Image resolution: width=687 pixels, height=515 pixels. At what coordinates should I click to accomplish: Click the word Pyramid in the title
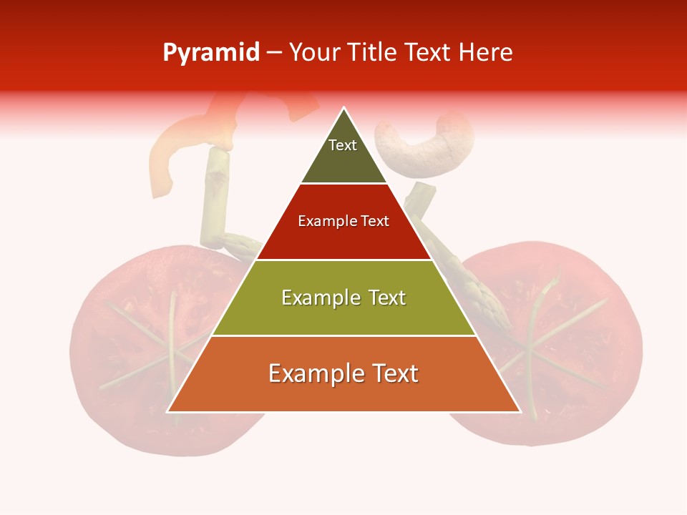211,53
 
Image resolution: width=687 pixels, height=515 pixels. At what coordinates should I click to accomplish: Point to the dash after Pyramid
273,53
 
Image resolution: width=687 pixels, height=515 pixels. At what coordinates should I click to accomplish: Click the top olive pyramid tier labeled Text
343,154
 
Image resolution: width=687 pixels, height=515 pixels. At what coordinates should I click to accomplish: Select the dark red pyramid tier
343,222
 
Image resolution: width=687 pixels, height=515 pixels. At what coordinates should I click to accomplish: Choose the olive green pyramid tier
343,298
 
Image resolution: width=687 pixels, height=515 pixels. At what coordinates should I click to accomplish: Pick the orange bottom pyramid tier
343,374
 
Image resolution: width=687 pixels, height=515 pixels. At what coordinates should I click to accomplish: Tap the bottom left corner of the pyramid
168,411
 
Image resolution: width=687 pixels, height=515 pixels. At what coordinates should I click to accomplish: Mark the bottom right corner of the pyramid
520,411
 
